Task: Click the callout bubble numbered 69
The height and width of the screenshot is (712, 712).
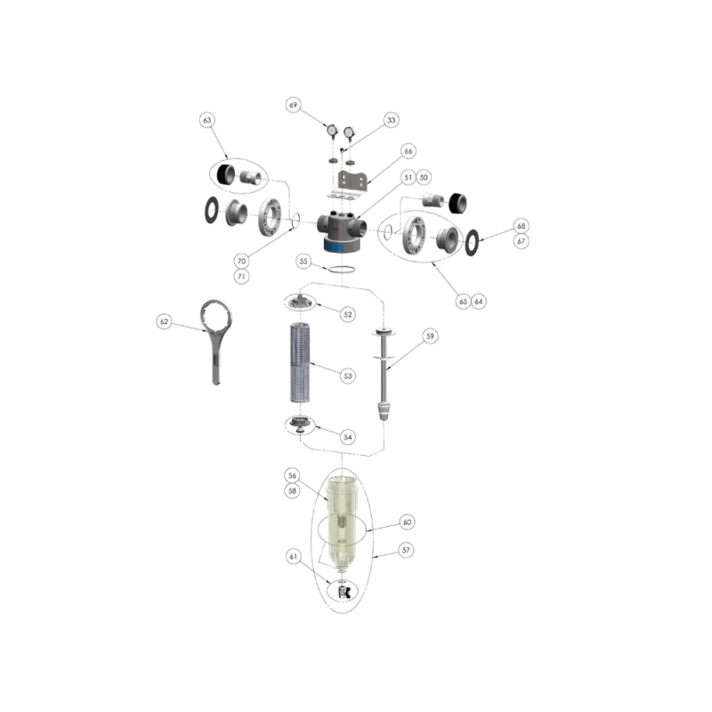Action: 294,105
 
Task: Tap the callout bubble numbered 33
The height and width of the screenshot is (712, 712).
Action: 391,120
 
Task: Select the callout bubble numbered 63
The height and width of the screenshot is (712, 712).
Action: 207,120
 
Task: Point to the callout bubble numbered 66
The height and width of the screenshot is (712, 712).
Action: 409,150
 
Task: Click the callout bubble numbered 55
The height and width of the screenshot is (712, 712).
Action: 303,261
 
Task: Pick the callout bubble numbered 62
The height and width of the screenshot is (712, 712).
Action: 164,321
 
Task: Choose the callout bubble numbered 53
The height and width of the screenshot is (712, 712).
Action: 348,376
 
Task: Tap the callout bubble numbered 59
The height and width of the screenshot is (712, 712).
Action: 430,336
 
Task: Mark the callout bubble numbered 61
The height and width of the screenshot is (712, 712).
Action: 294,556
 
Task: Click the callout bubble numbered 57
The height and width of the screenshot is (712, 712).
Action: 406,550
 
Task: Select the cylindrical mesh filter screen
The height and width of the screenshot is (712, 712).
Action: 300,362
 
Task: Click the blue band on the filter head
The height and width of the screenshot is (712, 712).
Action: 341,247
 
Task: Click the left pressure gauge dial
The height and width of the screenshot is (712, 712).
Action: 332,131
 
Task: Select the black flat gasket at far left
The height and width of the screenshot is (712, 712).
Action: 211,210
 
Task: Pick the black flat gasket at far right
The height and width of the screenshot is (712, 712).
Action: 473,242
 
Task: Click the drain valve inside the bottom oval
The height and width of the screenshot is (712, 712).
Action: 344,592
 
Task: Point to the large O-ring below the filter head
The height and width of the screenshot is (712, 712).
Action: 342,270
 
